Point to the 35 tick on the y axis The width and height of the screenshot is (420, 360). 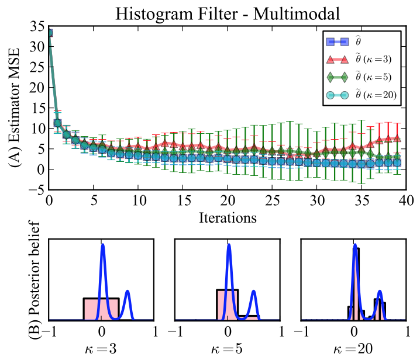pyautogui.click(x=37, y=26)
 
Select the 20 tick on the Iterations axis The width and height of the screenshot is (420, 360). pyautogui.click(x=228, y=200)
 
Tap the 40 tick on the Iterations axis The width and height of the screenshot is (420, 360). pyautogui.click(x=406, y=200)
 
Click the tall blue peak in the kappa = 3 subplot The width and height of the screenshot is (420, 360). pyautogui.click(x=103, y=245)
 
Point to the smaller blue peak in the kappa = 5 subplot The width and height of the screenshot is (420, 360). pyautogui.click(x=254, y=292)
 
